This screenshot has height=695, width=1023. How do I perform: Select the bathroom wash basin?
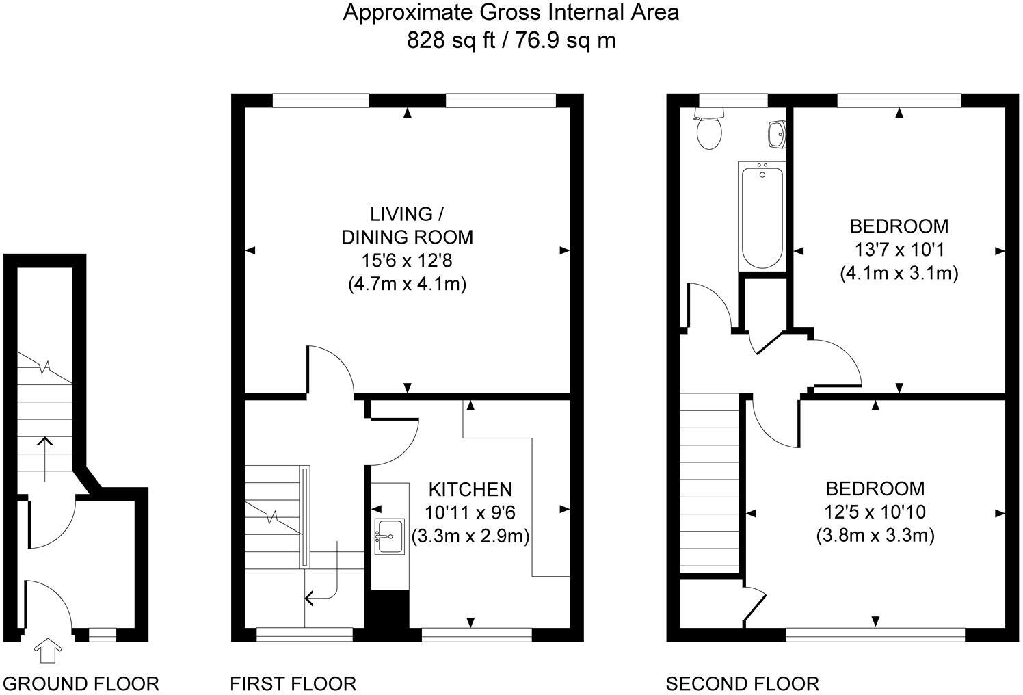coord(777,135)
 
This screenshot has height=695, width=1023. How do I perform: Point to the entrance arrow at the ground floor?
coord(46,650)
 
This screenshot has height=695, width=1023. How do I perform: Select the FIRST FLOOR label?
coord(293,683)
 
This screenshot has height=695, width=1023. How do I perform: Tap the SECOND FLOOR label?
coord(742,683)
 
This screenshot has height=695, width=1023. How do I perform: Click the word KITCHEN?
coord(470,489)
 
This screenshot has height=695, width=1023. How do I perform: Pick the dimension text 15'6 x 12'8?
coord(407,261)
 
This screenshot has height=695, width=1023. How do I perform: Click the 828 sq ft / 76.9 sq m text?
coord(511,40)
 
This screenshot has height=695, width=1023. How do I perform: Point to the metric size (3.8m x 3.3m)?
coord(875,535)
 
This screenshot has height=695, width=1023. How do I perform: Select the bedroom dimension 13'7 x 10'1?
coord(899,249)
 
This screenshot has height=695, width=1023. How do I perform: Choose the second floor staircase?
coord(710,482)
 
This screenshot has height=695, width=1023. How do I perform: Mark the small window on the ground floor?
coord(103,635)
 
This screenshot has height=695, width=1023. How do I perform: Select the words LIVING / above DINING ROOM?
coord(401,214)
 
